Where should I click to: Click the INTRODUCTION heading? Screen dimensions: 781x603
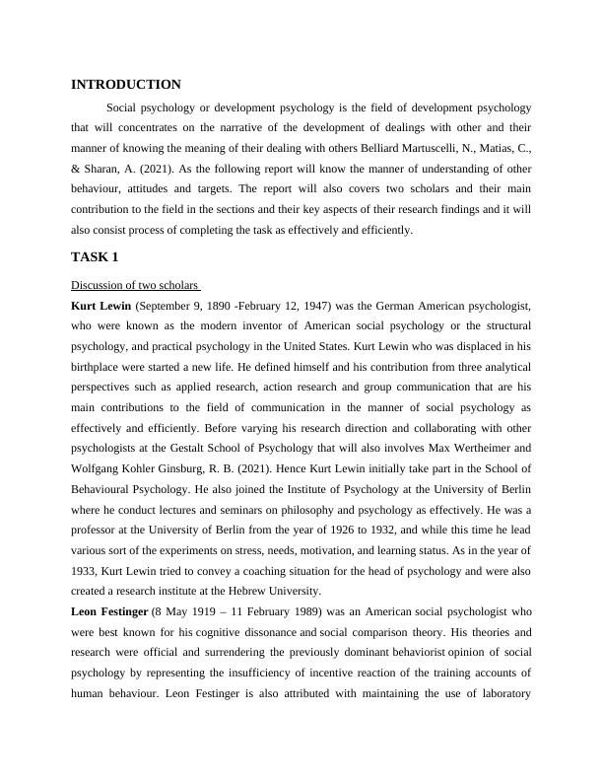pyautogui.click(x=126, y=85)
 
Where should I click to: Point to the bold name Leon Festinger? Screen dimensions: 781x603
pyautogui.click(x=108, y=611)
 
